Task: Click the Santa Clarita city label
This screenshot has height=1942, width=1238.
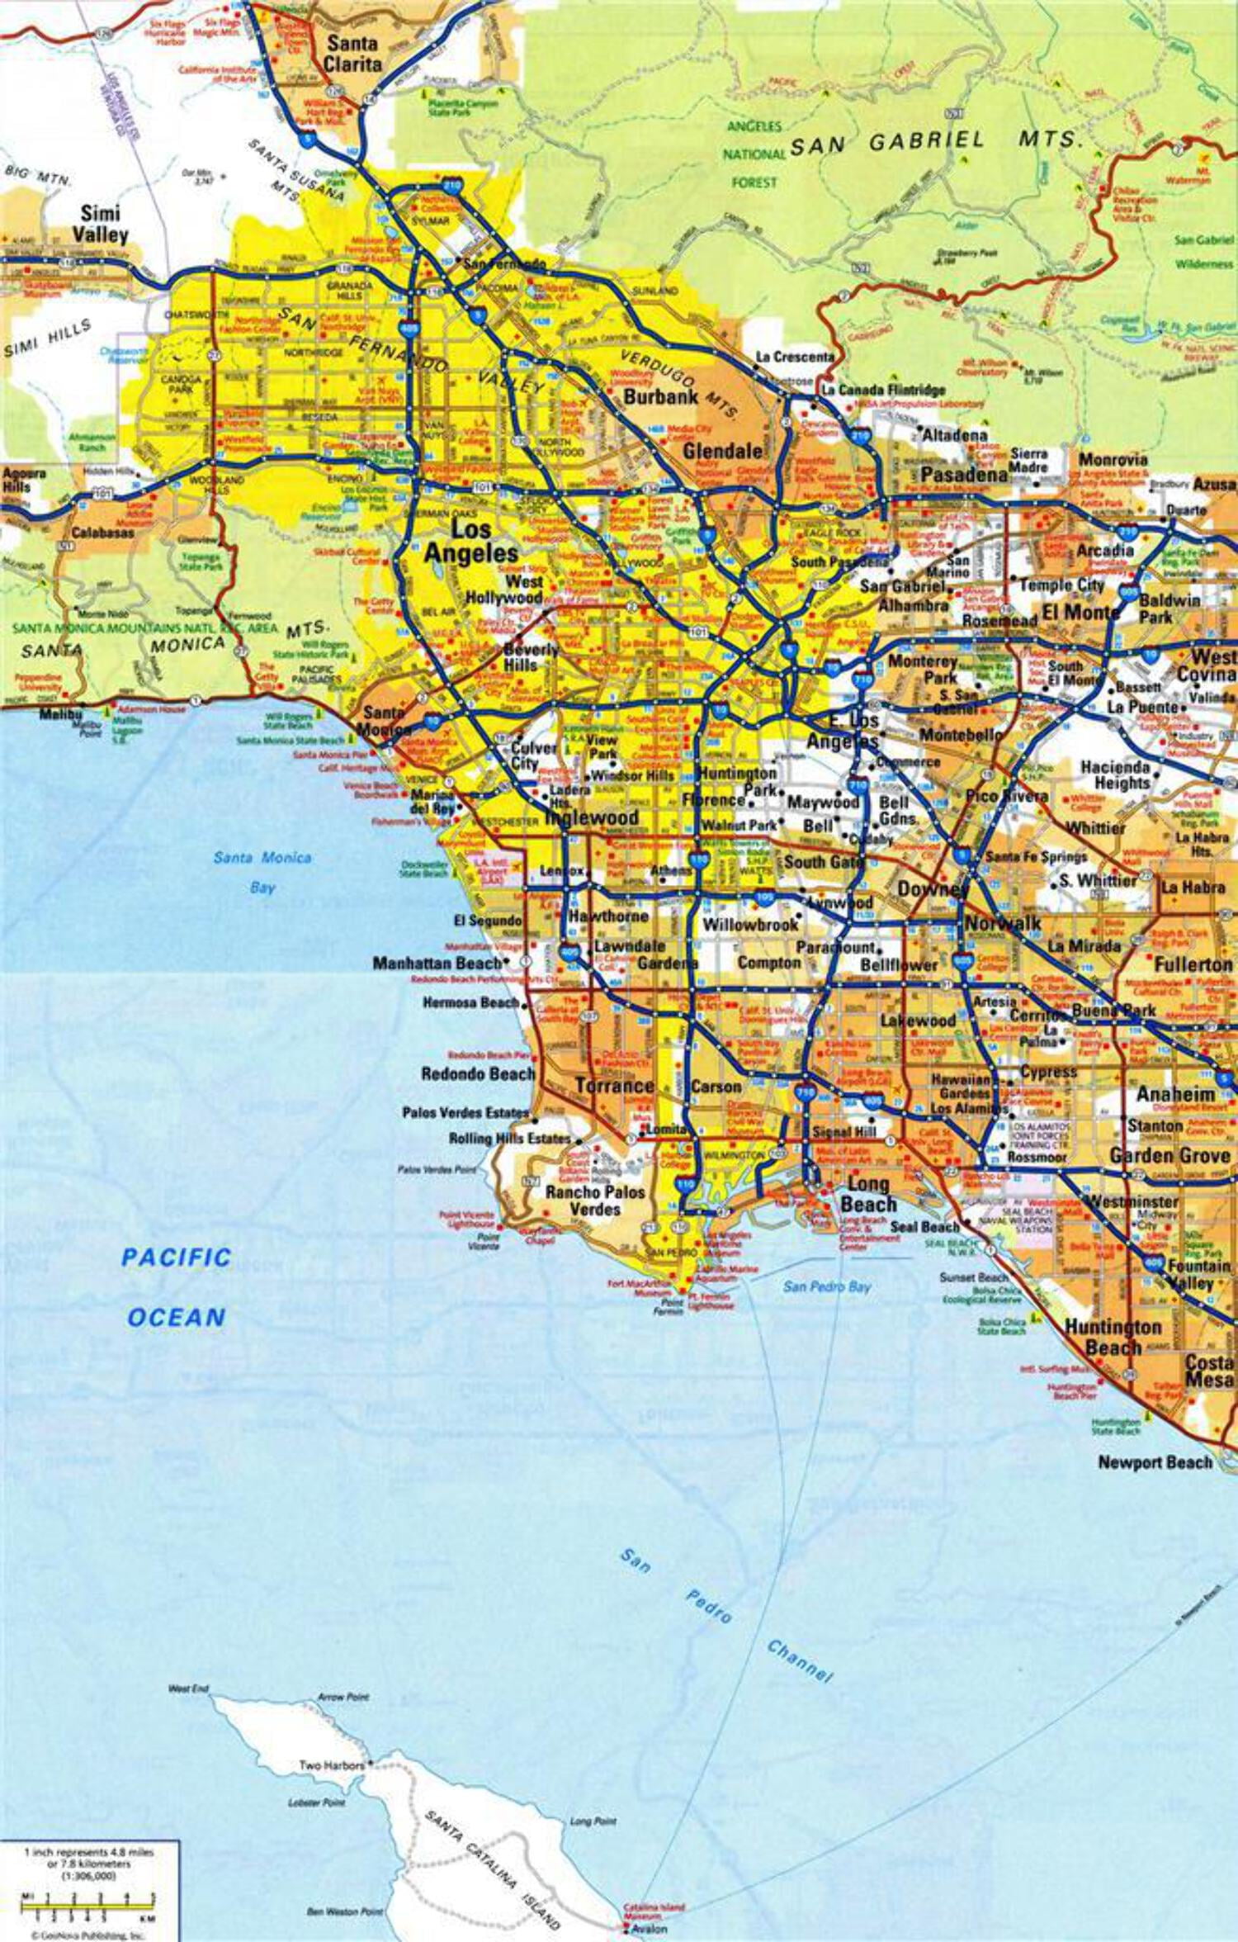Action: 352,54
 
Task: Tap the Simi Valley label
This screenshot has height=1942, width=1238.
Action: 100,224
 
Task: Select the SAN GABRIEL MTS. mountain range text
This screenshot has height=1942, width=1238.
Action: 936,142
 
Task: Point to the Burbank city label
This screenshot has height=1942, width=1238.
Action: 661,397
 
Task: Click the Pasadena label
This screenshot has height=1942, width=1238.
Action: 963,474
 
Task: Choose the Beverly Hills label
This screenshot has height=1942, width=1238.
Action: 532,657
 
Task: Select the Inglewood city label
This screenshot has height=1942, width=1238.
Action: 592,817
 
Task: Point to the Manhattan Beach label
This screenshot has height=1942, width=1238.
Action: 437,963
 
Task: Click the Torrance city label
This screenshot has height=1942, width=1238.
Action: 614,1086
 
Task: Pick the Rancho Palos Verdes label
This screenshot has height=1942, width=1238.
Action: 595,1201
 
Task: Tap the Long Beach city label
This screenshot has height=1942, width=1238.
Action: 868,1194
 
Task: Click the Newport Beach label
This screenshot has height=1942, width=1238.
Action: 1154,1462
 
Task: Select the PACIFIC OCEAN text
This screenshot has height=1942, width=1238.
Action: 175,1287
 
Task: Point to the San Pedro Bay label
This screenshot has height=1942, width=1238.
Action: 826,1286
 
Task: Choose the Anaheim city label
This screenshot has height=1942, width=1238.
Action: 1175,1094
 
